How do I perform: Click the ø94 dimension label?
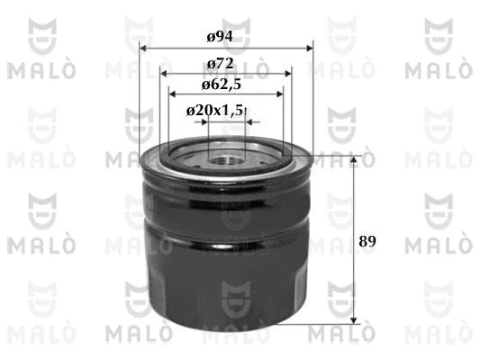point(220,37)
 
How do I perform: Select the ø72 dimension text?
point(221,64)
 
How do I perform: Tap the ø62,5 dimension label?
point(222,85)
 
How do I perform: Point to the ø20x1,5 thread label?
point(214,111)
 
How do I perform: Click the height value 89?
point(367,241)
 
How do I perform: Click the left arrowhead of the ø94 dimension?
point(142,49)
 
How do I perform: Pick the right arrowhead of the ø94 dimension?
point(310,49)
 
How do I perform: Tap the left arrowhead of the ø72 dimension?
point(164,74)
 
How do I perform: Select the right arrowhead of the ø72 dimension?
point(288,74)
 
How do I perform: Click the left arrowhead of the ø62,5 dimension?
point(172,94)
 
